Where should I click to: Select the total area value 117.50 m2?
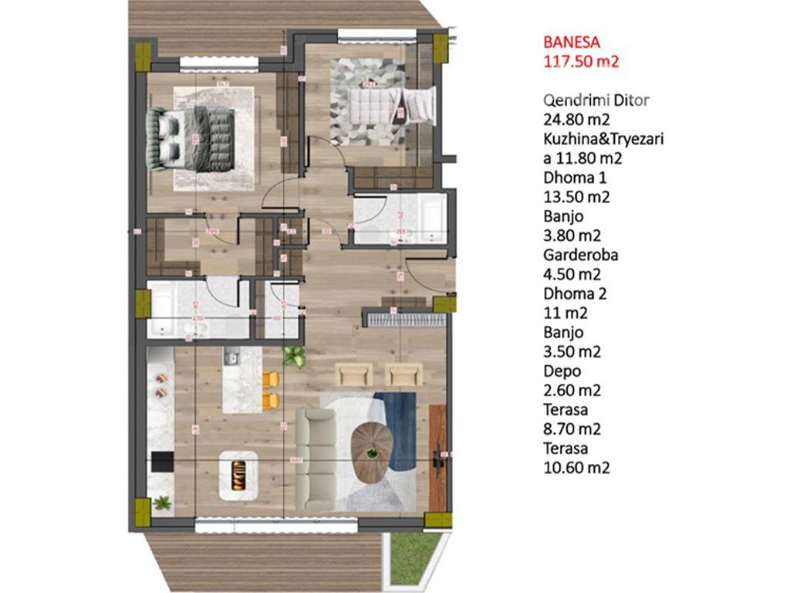coord(582,63)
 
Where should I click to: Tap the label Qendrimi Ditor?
coord(596,100)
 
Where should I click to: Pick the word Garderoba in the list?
coord(576,255)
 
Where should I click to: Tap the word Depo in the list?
coord(560,371)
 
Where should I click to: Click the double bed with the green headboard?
coord(191,137)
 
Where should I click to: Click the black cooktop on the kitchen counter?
coord(161,462)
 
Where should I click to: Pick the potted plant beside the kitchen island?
coord(293,356)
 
